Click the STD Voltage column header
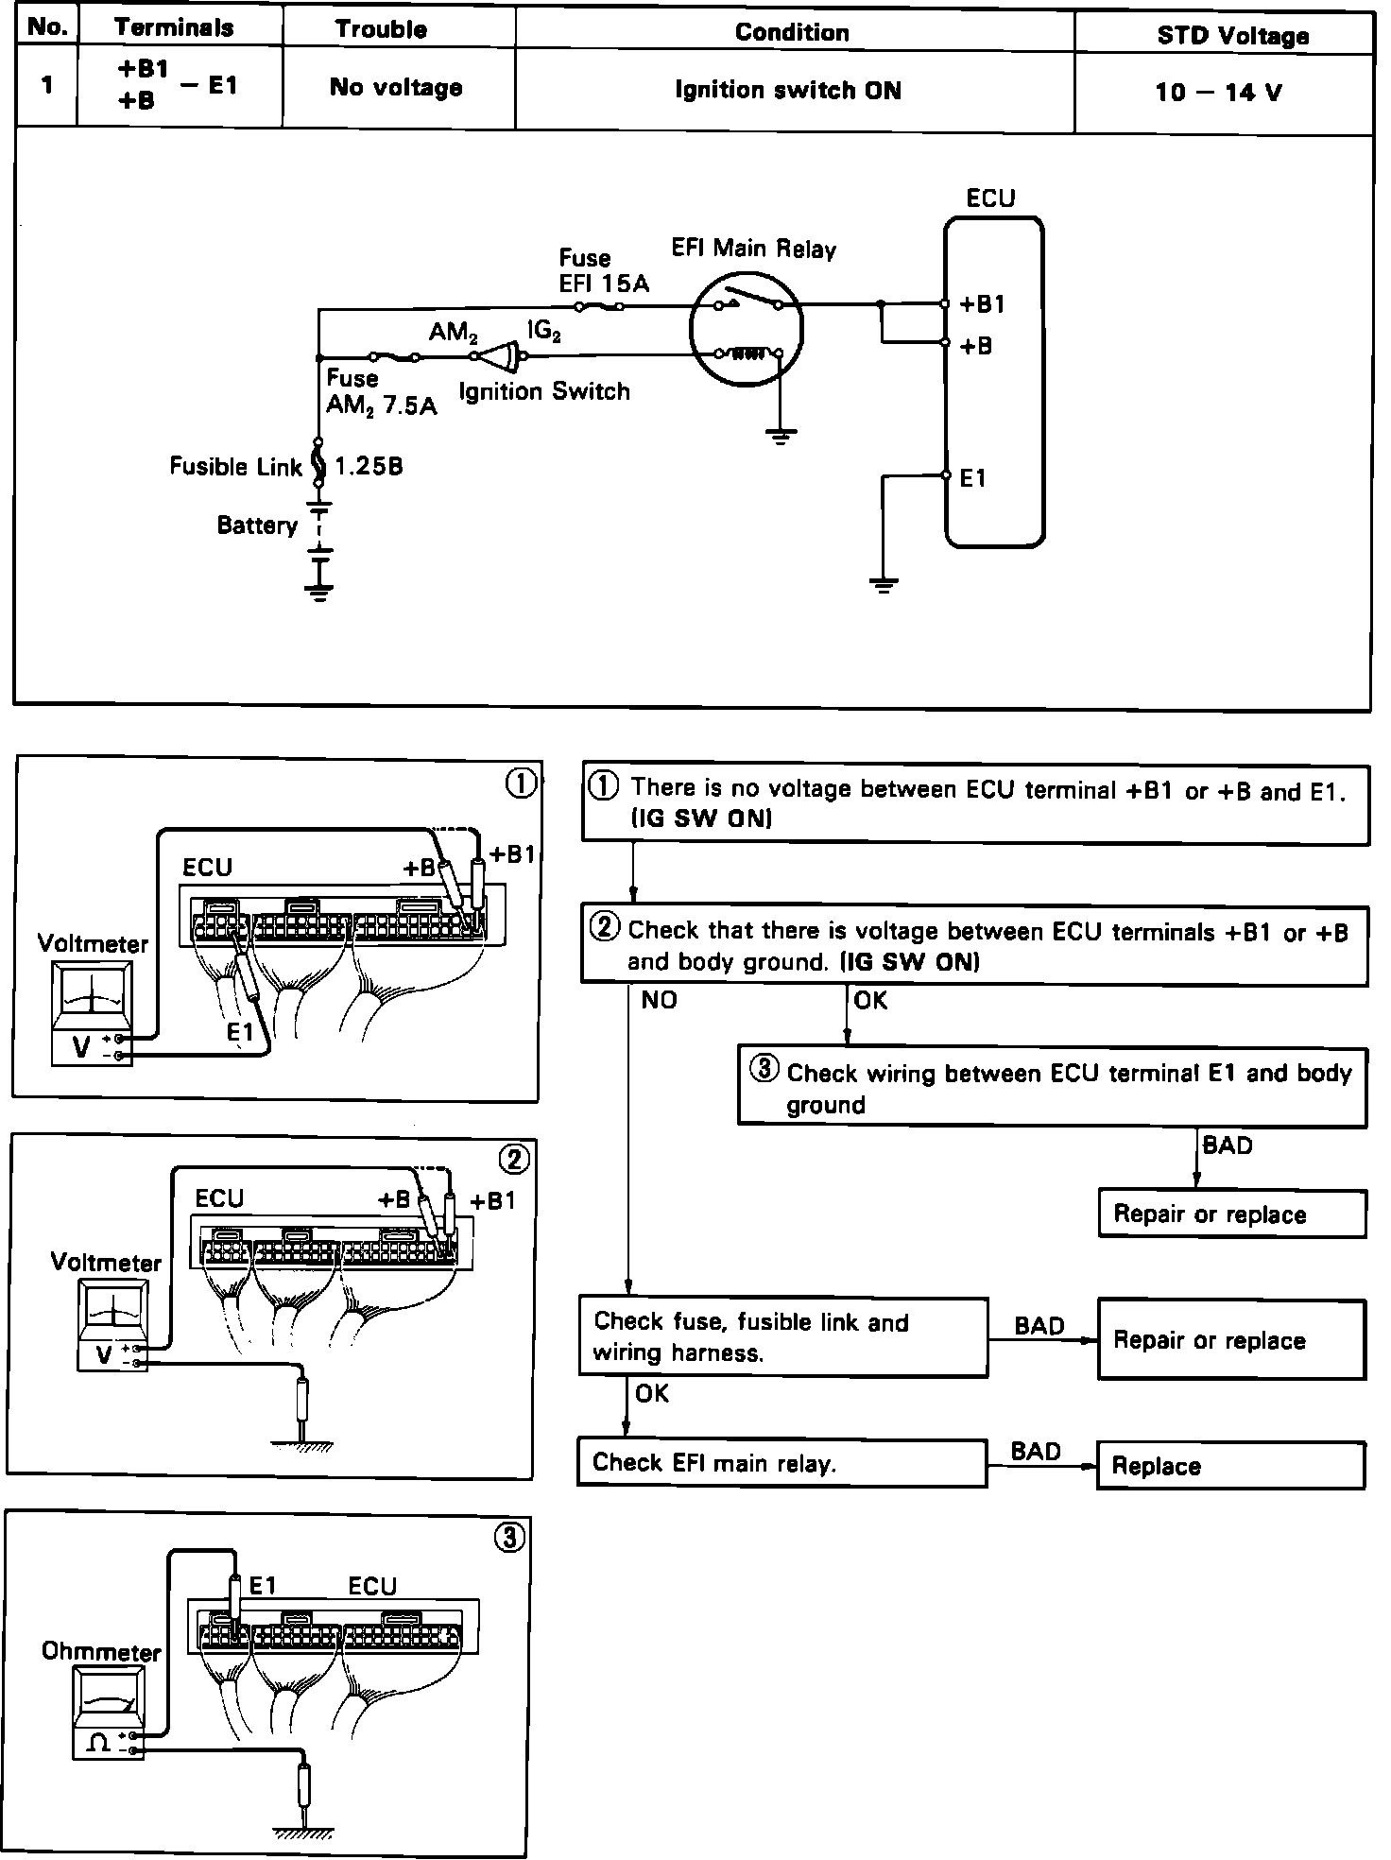[1232, 36]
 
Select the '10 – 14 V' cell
[1218, 93]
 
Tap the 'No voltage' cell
[396, 88]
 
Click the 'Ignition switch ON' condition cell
[788, 91]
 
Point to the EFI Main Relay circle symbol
[747, 330]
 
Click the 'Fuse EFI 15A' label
[603, 270]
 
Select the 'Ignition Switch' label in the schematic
[544, 391]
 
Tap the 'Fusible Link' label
[235, 466]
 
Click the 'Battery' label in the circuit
[257, 525]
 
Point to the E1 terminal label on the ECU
[972, 479]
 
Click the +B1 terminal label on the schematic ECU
[982, 304]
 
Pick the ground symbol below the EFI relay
[780, 437]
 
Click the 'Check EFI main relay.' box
[781, 1463]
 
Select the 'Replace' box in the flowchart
[1230, 1466]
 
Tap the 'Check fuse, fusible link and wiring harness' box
[782, 1336]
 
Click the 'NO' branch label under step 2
[659, 1000]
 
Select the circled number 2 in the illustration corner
[515, 1159]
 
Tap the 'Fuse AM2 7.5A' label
[381, 392]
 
